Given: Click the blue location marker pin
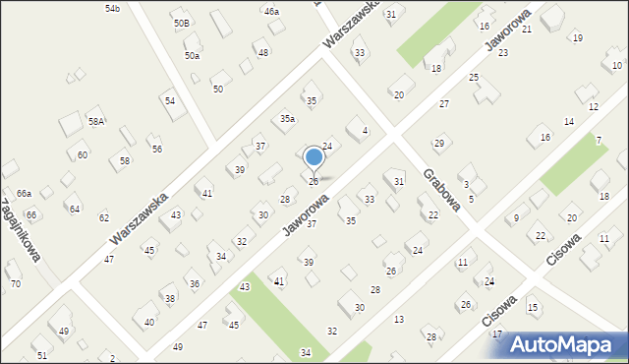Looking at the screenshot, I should [x=314, y=157].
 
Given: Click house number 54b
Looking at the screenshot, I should [x=112, y=8].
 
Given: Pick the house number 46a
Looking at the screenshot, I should [x=271, y=11].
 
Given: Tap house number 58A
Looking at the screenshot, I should [x=96, y=121].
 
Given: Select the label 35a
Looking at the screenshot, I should [x=287, y=118].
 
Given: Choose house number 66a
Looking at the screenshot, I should [x=24, y=193].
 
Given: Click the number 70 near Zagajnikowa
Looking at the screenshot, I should [x=15, y=284].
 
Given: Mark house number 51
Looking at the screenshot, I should [x=41, y=354].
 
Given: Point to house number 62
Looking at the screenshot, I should [x=104, y=217].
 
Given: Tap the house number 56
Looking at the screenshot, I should [x=156, y=149].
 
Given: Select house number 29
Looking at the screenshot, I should [x=439, y=144].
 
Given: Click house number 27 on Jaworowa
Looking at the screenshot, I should [x=444, y=104].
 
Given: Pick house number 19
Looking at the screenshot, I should [x=577, y=38].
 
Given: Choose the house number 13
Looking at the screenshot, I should [x=399, y=320].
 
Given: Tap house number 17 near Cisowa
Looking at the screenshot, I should [x=497, y=334].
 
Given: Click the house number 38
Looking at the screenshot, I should [x=169, y=298].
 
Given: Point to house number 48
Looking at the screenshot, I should [x=262, y=52].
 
